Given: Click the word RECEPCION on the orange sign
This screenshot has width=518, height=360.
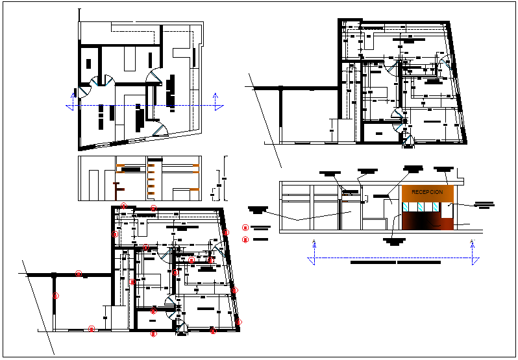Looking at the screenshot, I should (x=427, y=193).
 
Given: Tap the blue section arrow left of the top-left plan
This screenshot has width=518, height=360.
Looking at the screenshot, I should (x=71, y=104).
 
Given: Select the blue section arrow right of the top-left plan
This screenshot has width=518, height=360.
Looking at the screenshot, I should (x=216, y=100).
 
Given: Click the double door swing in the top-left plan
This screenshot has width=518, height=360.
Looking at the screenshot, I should (x=101, y=81).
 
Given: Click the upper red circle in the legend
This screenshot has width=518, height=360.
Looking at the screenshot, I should (x=245, y=228).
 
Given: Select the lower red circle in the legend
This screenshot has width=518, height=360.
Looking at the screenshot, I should (x=245, y=239).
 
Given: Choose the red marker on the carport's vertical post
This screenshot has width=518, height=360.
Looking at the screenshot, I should (x=56, y=296).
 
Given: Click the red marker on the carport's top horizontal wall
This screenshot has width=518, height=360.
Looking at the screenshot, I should (x=79, y=274).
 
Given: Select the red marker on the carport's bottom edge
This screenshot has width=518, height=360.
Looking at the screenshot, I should (x=92, y=329).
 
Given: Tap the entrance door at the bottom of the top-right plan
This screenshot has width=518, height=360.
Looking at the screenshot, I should (x=408, y=139).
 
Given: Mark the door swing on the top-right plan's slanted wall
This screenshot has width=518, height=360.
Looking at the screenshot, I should (x=445, y=65).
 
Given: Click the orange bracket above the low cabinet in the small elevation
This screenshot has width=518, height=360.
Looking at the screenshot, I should (x=194, y=189).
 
